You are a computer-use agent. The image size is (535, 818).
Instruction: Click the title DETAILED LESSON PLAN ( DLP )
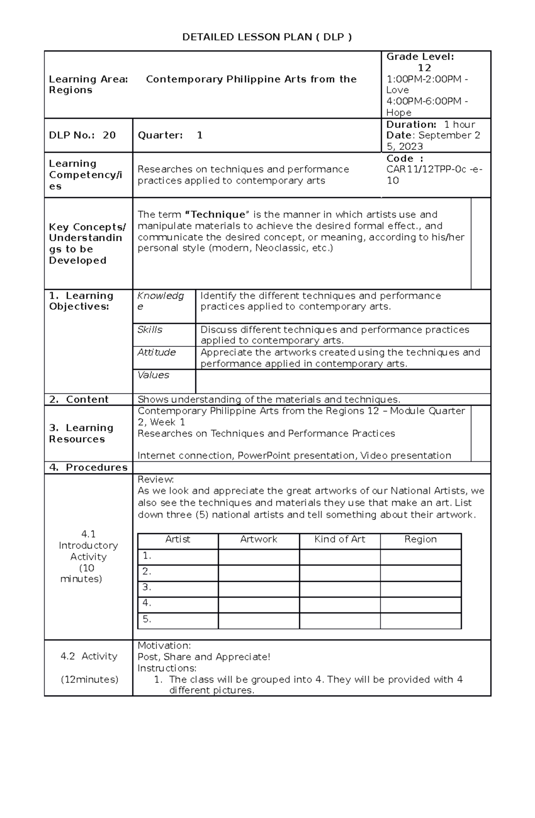pyautogui.click(x=267, y=37)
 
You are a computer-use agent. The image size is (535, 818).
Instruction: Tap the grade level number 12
pyautogui.click(x=424, y=68)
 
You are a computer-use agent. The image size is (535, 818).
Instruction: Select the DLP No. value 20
pyautogui.click(x=109, y=135)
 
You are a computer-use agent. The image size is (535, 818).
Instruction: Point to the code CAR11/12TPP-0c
pyautogui.click(x=426, y=169)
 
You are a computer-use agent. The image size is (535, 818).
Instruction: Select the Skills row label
pyautogui.click(x=149, y=329)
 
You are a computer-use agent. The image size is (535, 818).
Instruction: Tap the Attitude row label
pyautogui.click(x=156, y=352)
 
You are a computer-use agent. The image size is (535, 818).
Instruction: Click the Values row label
pyautogui.click(x=153, y=375)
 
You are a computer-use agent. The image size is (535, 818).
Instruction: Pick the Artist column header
pyautogui.click(x=177, y=539)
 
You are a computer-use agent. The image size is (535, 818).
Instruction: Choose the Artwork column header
pyautogui.click(x=259, y=539)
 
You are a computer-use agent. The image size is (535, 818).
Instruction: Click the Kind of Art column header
pyautogui.click(x=339, y=539)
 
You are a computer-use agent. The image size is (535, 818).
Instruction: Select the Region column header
pyautogui.click(x=420, y=539)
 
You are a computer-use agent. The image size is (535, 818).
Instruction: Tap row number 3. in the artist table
pyautogui.click(x=147, y=588)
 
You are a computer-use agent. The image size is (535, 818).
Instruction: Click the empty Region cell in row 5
pyautogui.click(x=420, y=620)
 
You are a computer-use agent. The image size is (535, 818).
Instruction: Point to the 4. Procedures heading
pyautogui.click(x=88, y=467)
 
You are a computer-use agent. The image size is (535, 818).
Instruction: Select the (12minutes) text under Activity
pyautogui.click(x=89, y=679)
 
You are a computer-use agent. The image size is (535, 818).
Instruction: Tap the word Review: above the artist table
pyautogui.click(x=156, y=480)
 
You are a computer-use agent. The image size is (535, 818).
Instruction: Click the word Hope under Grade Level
pyautogui.click(x=399, y=113)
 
